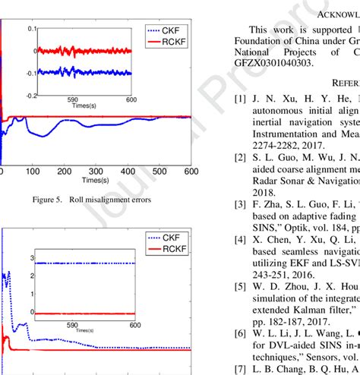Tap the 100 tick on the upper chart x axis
point(32,172)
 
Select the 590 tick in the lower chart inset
point(73,327)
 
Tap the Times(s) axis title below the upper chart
point(94,181)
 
